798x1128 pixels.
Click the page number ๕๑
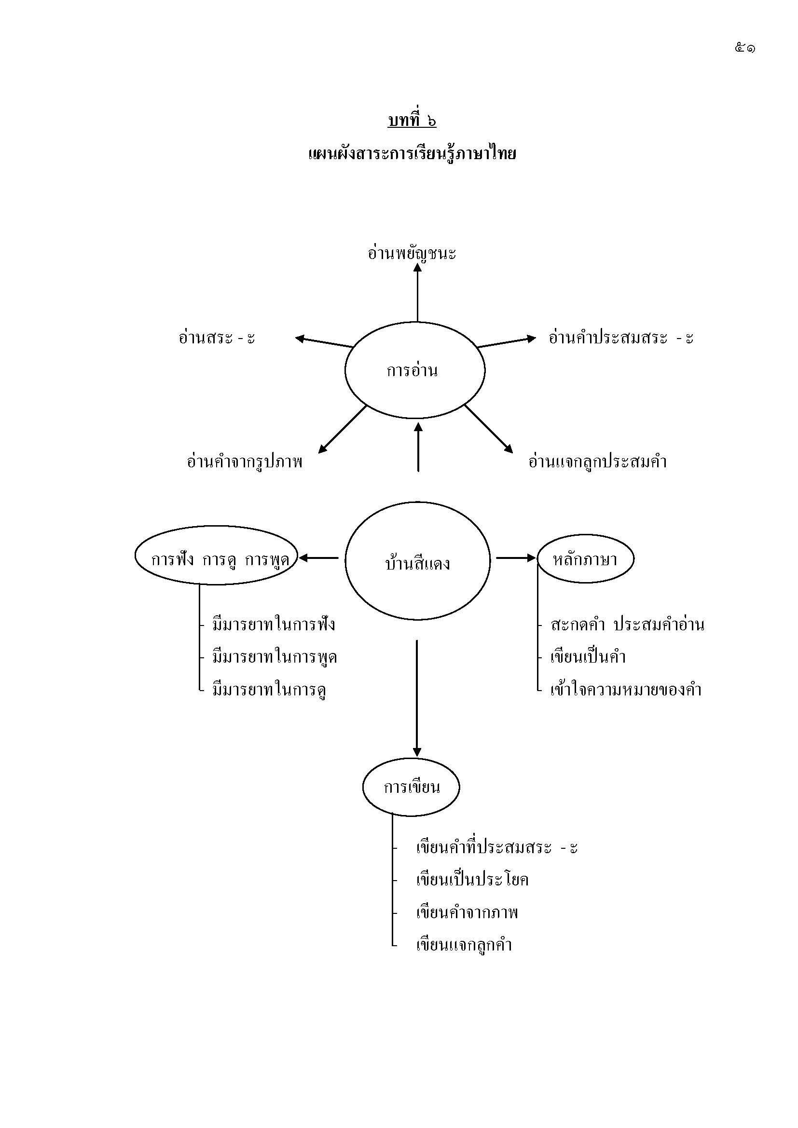point(745,48)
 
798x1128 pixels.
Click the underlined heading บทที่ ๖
point(412,121)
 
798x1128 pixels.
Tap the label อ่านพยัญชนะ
point(412,254)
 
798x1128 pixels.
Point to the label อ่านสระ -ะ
point(217,338)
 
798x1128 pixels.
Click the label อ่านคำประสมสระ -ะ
point(620,338)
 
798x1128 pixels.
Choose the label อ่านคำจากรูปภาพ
point(245,462)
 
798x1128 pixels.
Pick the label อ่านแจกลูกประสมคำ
point(597,462)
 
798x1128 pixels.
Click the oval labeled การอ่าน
point(415,370)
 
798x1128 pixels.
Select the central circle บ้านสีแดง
point(417,561)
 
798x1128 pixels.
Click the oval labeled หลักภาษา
point(585,558)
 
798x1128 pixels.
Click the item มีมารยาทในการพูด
point(274,657)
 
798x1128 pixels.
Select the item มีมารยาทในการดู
point(269,690)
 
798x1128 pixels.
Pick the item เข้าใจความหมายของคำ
point(626,690)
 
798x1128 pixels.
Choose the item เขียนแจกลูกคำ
point(464,944)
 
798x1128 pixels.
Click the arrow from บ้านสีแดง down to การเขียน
point(417,698)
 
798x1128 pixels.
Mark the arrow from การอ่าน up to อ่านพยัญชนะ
point(417,292)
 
